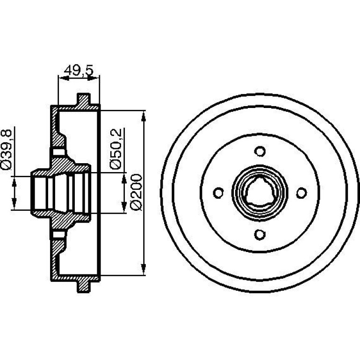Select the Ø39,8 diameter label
[x=6, y=150]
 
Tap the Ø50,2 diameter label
[x=115, y=149]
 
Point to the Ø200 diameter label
[x=136, y=192]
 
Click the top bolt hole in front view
[x=260, y=151]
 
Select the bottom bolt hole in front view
[x=260, y=235]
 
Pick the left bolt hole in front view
[x=218, y=193]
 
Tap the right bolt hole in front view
[x=302, y=193]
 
